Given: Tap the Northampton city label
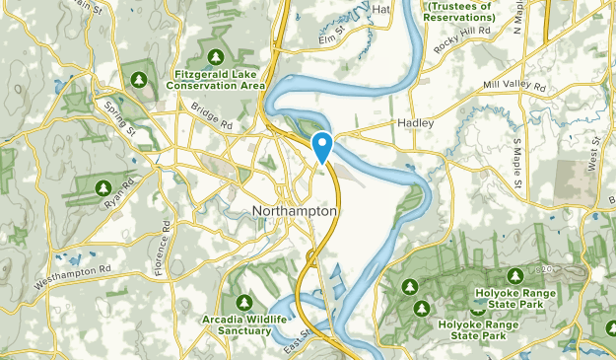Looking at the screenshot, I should (296, 211).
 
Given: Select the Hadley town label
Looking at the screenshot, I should (415, 123).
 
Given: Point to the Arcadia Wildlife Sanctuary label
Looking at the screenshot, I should (237, 325).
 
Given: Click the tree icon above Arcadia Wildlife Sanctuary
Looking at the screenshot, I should (242, 301).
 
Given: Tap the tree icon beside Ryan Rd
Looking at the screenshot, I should (103, 186).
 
